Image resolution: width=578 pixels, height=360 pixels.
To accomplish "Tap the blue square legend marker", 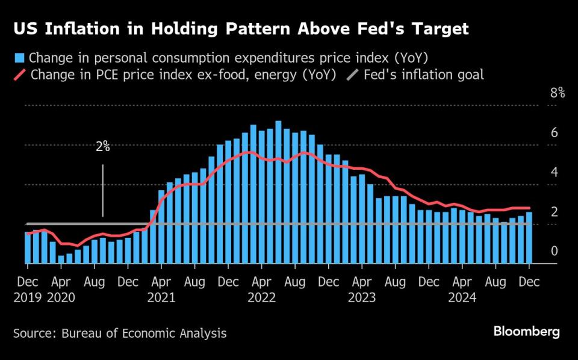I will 19,58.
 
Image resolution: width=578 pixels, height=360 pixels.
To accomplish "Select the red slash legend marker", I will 19,75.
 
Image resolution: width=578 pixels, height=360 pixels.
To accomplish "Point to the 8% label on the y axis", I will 557,93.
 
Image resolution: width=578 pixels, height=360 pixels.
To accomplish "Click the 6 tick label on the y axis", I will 554,133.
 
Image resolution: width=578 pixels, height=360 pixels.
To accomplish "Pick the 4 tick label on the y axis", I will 554,173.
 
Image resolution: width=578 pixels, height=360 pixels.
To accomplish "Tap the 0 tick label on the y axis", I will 554,251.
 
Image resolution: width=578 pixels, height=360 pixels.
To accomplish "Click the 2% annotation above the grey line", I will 103,146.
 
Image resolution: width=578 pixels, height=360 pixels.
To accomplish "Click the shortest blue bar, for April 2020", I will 61,259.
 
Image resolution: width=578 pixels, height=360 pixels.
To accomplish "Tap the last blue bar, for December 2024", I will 529,238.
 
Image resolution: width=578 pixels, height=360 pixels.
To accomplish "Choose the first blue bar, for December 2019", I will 28,248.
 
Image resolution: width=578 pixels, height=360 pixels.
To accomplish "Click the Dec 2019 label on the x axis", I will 27,289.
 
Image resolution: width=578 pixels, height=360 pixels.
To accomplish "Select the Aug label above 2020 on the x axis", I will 95,281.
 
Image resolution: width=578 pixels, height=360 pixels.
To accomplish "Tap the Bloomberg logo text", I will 527,332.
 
